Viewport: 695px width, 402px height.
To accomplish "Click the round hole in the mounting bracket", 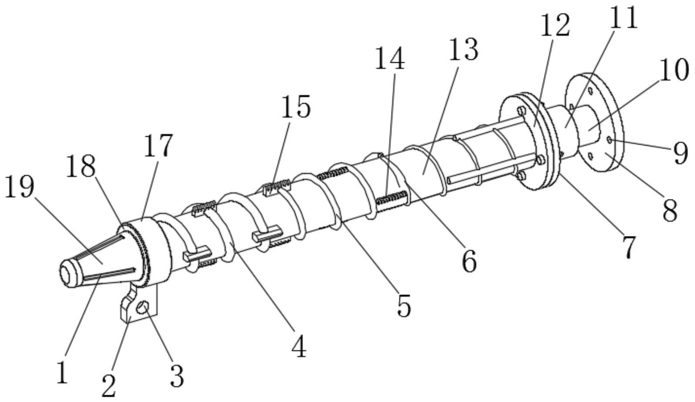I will click(142, 308).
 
